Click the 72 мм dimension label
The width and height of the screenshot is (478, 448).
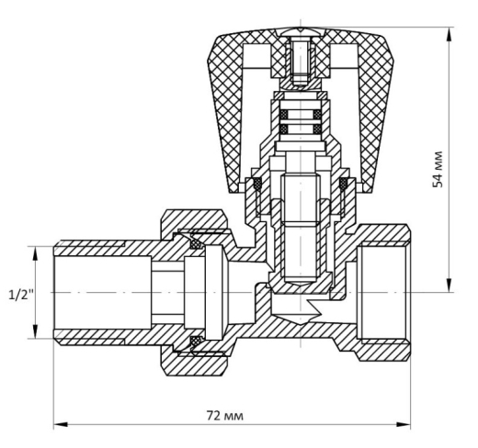225,416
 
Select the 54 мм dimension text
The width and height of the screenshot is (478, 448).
438,169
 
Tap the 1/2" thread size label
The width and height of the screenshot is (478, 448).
21,295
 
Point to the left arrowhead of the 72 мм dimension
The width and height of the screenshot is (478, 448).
61,425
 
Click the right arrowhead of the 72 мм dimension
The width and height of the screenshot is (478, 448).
404,425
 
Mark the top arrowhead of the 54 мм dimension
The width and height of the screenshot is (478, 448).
450,34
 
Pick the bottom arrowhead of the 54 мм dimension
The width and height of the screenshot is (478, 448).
450,285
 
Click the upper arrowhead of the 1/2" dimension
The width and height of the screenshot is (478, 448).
35,253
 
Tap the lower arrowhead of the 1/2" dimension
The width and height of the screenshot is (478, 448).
35,331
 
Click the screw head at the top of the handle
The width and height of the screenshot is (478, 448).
301,32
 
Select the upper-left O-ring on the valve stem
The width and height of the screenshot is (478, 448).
284,115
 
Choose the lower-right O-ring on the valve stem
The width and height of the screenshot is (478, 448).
317,129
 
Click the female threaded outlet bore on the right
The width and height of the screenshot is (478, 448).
383,292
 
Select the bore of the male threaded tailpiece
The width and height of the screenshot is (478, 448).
103,293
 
